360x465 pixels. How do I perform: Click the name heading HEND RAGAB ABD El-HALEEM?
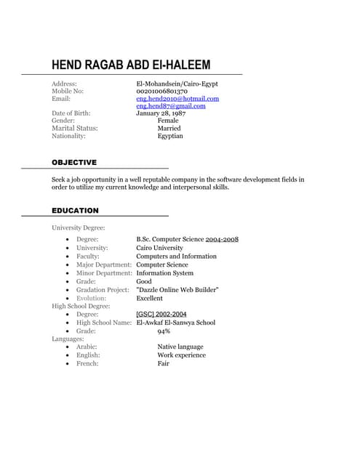131,65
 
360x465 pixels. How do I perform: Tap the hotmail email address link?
177,98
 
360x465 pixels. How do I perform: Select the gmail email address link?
171,106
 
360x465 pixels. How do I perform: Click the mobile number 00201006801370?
161,91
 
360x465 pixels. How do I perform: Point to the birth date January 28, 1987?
161,113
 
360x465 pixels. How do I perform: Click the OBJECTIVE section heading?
74,162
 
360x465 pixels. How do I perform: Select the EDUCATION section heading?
75,211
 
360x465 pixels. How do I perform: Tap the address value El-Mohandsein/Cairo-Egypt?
177,84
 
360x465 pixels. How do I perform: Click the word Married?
169,129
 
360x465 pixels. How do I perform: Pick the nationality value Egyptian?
170,136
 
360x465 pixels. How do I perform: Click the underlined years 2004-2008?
222,240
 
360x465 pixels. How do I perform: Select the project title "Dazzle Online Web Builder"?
177,290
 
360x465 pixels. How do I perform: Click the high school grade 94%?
164,331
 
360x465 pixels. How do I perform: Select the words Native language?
180,347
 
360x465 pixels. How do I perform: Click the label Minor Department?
104,273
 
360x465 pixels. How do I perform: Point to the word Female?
168,121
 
